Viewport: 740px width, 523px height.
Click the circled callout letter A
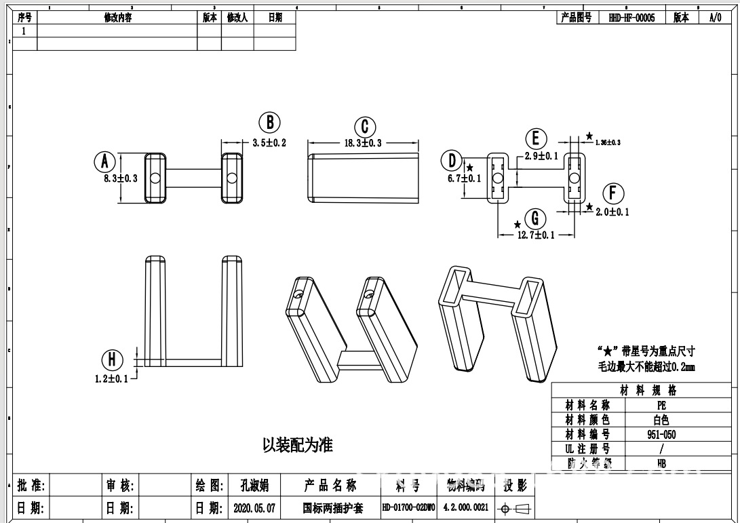[x=104, y=162]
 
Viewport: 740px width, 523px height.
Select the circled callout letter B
[x=269, y=123]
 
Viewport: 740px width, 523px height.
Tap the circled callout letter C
[x=365, y=127]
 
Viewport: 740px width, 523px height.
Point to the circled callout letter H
[x=112, y=360]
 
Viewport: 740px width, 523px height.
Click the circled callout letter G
[x=535, y=218]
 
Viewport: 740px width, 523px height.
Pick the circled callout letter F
[x=613, y=193]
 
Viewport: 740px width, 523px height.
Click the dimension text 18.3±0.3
[x=363, y=143]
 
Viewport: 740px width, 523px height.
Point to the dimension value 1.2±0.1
[x=111, y=379]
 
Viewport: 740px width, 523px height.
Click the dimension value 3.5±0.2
[x=269, y=143]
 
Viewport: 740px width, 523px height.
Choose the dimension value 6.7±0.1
[x=464, y=178]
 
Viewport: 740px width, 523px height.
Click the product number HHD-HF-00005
[x=632, y=18]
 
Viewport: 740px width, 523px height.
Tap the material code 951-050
[x=661, y=435]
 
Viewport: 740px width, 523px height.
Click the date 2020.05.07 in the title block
[x=254, y=507]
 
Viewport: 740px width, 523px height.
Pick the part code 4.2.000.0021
[x=466, y=507]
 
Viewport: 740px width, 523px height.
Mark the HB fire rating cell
[x=661, y=464]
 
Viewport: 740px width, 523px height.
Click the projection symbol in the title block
[x=514, y=509]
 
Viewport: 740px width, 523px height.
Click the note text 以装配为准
[x=298, y=446]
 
